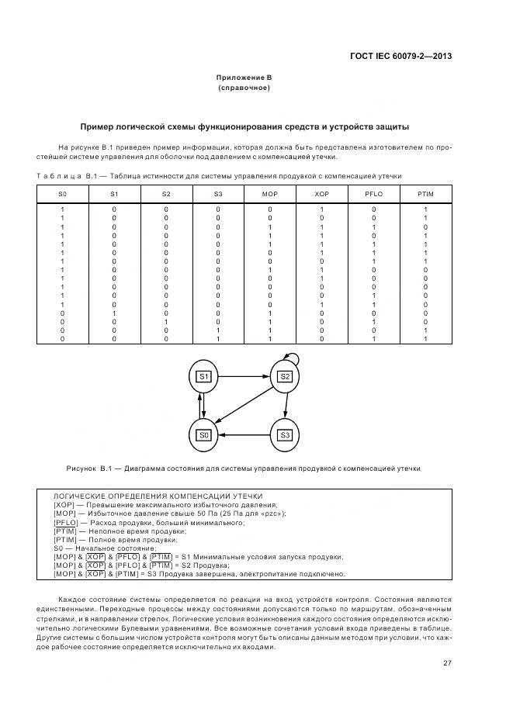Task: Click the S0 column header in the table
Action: (63, 193)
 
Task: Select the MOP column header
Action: (269, 193)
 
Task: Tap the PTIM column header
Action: (425, 193)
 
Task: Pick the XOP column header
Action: (321, 193)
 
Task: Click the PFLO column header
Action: (373, 193)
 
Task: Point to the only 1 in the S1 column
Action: (114, 313)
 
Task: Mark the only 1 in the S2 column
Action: (166, 322)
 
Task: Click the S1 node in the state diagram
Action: (205, 376)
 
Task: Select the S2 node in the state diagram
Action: (285, 376)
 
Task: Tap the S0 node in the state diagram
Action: (205, 435)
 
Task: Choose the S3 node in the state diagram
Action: (285, 435)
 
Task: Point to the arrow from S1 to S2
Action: (244, 376)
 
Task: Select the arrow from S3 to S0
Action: (244, 435)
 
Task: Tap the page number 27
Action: (448, 662)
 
